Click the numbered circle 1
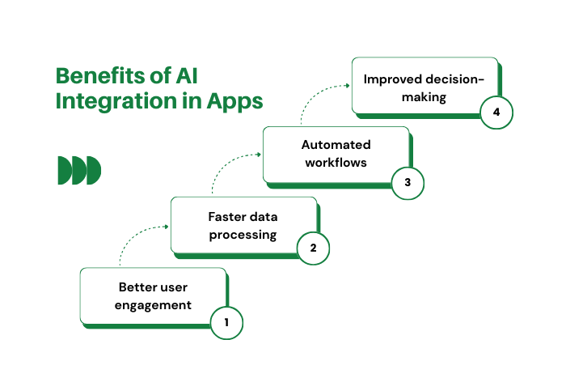[x=226, y=322]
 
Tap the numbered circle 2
[x=314, y=248]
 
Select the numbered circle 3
[x=408, y=182]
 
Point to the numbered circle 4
[x=496, y=113]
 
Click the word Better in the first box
[x=138, y=287]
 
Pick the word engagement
[x=154, y=305]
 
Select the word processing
[x=243, y=235]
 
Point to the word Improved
[x=392, y=79]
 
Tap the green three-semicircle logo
[x=79, y=170]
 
